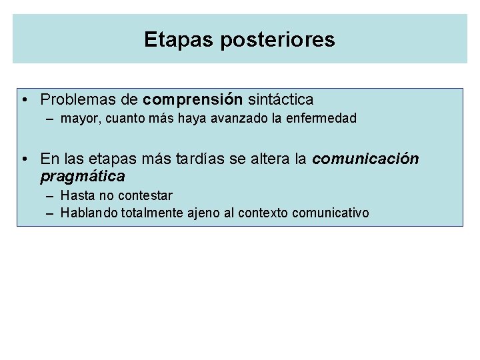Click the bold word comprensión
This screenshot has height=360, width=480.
[x=192, y=100]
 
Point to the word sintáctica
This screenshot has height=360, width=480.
[x=280, y=100]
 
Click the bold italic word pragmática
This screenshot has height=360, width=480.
[x=82, y=177]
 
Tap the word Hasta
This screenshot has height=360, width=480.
[x=76, y=196]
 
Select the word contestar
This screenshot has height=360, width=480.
[x=145, y=196]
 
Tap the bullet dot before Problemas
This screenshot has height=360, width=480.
[x=23, y=101]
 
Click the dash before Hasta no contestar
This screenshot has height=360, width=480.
[x=51, y=196]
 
